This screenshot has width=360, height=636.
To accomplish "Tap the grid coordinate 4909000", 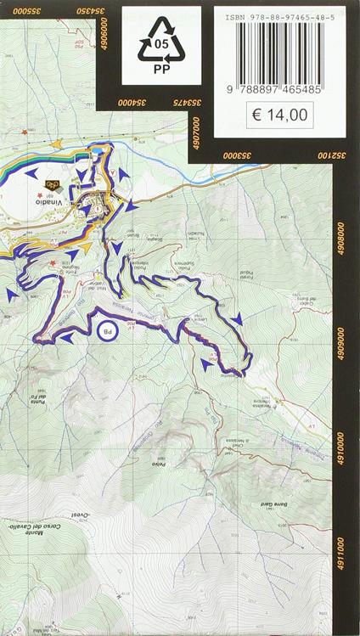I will tap(342, 340).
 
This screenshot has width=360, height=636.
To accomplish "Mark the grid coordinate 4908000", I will tap(342, 234).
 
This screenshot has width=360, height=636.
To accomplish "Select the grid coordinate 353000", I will tap(241, 155).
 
